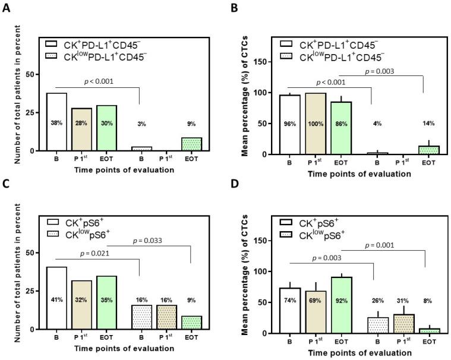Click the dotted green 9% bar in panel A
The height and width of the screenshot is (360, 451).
tap(192, 144)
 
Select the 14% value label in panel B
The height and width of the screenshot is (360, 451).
tap(424, 124)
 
